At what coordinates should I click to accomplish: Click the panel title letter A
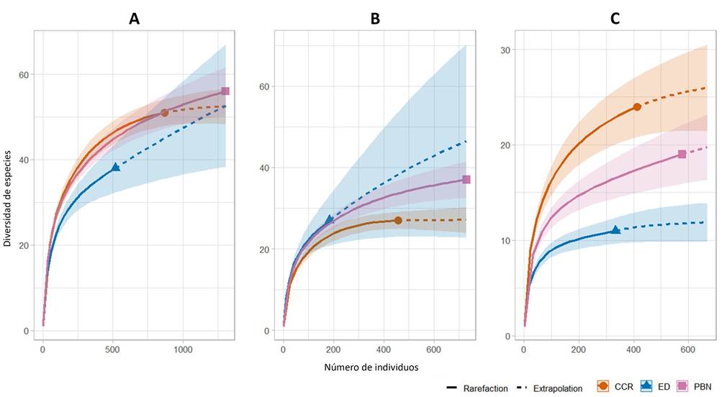click(x=134, y=19)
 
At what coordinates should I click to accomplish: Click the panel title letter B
click(x=375, y=19)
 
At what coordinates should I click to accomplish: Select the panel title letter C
click(x=615, y=19)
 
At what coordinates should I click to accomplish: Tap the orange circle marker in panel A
click(x=164, y=113)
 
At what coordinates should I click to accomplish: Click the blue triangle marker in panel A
click(x=115, y=167)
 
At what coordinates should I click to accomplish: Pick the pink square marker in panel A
click(x=225, y=91)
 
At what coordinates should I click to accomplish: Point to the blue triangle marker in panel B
click(x=330, y=219)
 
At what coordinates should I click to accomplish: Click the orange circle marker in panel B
click(x=398, y=220)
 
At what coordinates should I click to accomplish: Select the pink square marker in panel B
click(x=466, y=180)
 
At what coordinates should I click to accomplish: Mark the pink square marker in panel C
click(x=682, y=155)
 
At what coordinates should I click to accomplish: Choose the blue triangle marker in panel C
click(x=615, y=230)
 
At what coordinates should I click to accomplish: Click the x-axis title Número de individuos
click(x=372, y=367)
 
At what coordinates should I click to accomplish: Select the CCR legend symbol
click(x=603, y=386)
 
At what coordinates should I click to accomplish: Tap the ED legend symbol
click(x=645, y=386)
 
